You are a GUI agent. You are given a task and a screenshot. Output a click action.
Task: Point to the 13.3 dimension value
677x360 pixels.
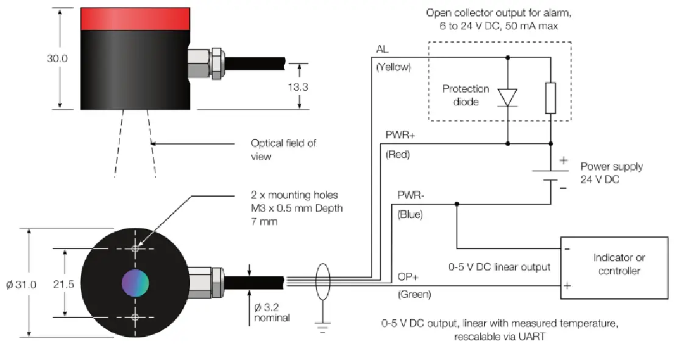click(298, 87)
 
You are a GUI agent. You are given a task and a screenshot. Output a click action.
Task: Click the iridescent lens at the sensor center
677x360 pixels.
click(135, 283)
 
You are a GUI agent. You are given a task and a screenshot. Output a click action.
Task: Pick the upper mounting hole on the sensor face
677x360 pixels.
click(135, 249)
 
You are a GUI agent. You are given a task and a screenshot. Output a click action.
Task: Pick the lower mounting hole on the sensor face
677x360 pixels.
click(135, 317)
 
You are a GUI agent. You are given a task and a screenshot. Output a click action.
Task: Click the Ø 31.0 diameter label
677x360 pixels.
click(21, 283)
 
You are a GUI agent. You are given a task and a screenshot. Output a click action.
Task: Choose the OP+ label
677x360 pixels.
click(408, 277)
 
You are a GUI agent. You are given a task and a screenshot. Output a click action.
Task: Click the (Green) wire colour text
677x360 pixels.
click(414, 295)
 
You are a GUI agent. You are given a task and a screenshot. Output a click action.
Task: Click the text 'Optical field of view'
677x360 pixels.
click(283, 149)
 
